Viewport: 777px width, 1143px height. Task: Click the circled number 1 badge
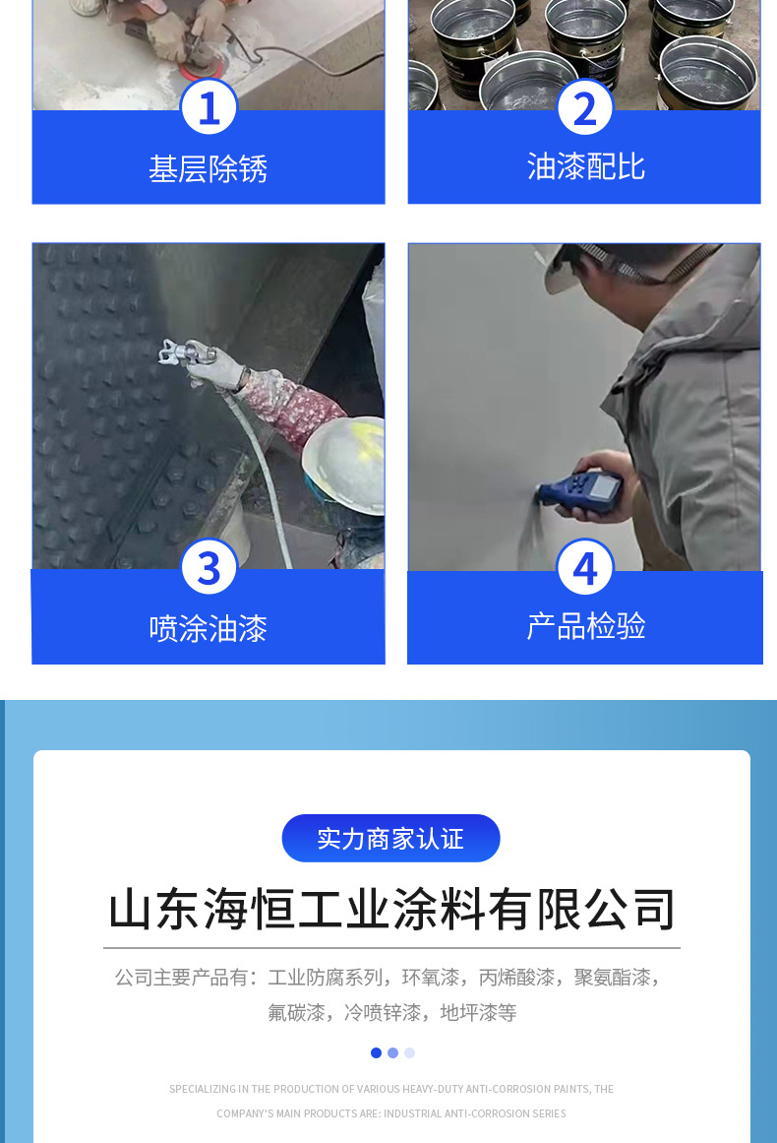[x=209, y=107]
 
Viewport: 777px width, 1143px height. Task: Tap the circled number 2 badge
[x=585, y=107]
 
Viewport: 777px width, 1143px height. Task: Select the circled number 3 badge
[x=209, y=567]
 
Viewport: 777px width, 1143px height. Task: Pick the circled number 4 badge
[x=585, y=567]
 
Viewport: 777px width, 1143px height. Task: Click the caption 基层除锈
[x=209, y=169]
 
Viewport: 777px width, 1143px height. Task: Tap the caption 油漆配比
[x=586, y=167]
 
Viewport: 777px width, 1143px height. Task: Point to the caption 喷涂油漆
[x=209, y=628]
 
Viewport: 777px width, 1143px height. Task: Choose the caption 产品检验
[x=586, y=626]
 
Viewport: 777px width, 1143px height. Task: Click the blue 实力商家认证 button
[x=391, y=838]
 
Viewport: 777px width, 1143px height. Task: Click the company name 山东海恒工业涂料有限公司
[x=391, y=910]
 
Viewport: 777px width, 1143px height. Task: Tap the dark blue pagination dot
[x=376, y=1052]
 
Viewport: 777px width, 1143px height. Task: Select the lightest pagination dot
[x=409, y=1052]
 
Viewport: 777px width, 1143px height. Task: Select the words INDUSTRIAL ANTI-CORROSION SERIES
[x=475, y=1113]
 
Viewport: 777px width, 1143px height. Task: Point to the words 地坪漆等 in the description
[x=478, y=1012]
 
